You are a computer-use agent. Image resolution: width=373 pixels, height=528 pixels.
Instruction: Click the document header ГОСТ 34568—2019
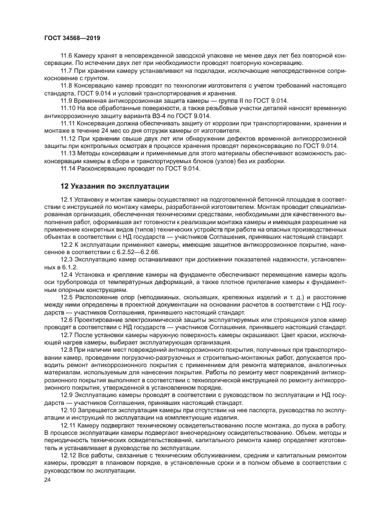point(75,36)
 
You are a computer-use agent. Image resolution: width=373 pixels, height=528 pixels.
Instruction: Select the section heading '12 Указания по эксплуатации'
point(115,186)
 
